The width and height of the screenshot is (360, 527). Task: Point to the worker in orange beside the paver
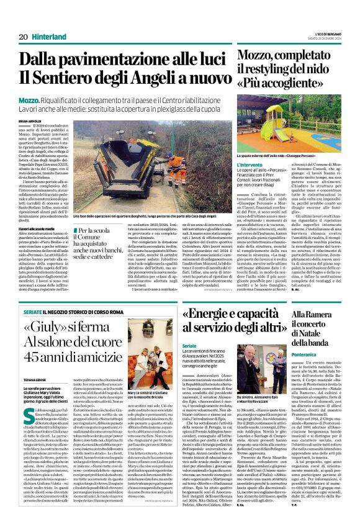(160, 181)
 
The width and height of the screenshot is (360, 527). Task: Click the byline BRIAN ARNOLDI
(30, 121)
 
